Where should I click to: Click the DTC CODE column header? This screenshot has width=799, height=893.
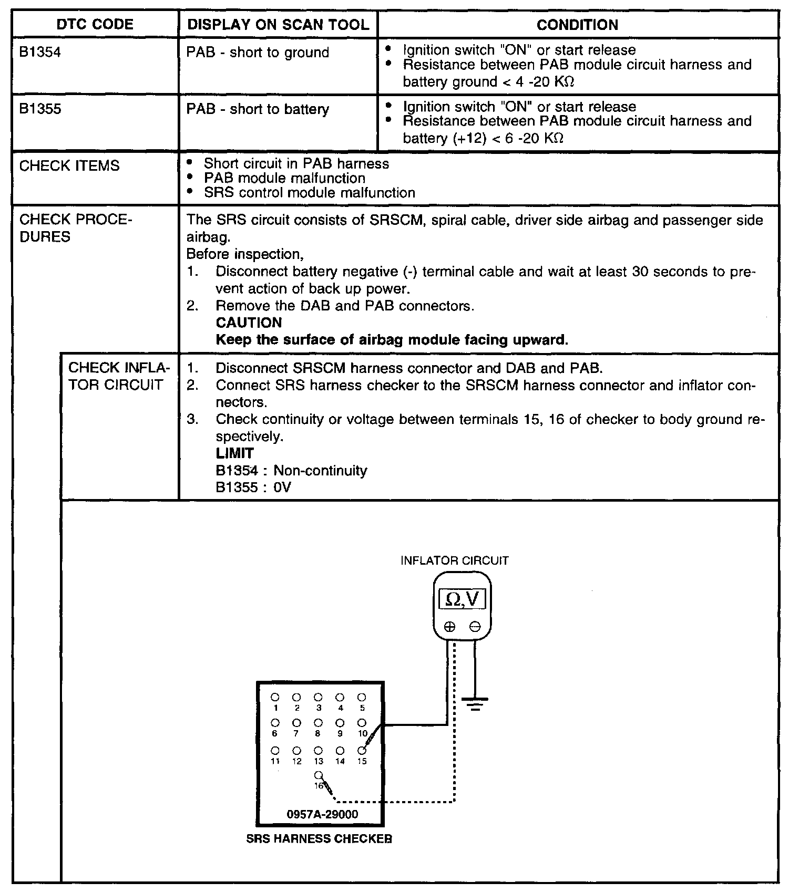pyautogui.click(x=95, y=25)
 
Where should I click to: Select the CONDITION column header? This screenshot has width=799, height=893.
pyautogui.click(x=577, y=25)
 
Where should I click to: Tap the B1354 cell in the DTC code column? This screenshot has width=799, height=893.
pyautogui.click(x=40, y=53)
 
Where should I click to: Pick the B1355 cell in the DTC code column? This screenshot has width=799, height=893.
pyautogui.click(x=40, y=109)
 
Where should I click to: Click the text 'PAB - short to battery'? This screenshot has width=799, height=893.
pyautogui.click(x=258, y=109)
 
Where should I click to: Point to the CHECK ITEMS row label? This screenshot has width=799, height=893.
pyautogui.click(x=69, y=166)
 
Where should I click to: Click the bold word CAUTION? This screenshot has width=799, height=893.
pyautogui.click(x=249, y=323)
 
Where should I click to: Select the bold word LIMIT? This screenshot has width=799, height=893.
pyautogui.click(x=234, y=453)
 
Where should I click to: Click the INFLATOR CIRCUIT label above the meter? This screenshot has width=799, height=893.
pyautogui.click(x=454, y=560)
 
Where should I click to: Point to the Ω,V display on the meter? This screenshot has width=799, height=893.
pyautogui.click(x=462, y=599)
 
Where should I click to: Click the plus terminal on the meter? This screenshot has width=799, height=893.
pyautogui.click(x=449, y=626)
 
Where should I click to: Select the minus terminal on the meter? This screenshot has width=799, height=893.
pyautogui.click(x=475, y=626)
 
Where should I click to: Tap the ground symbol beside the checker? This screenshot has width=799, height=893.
pyautogui.click(x=475, y=703)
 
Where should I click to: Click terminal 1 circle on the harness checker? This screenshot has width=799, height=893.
pyautogui.click(x=275, y=698)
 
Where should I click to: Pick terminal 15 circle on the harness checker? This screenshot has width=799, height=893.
pyautogui.click(x=362, y=751)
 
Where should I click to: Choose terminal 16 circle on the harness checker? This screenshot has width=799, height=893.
pyautogui.click(x=318, y=775)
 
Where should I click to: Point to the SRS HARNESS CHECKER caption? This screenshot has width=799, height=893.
pyautogui.click(x=319, y=839)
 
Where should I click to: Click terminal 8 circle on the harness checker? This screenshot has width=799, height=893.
pyautogui.click(x=318, y=723)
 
